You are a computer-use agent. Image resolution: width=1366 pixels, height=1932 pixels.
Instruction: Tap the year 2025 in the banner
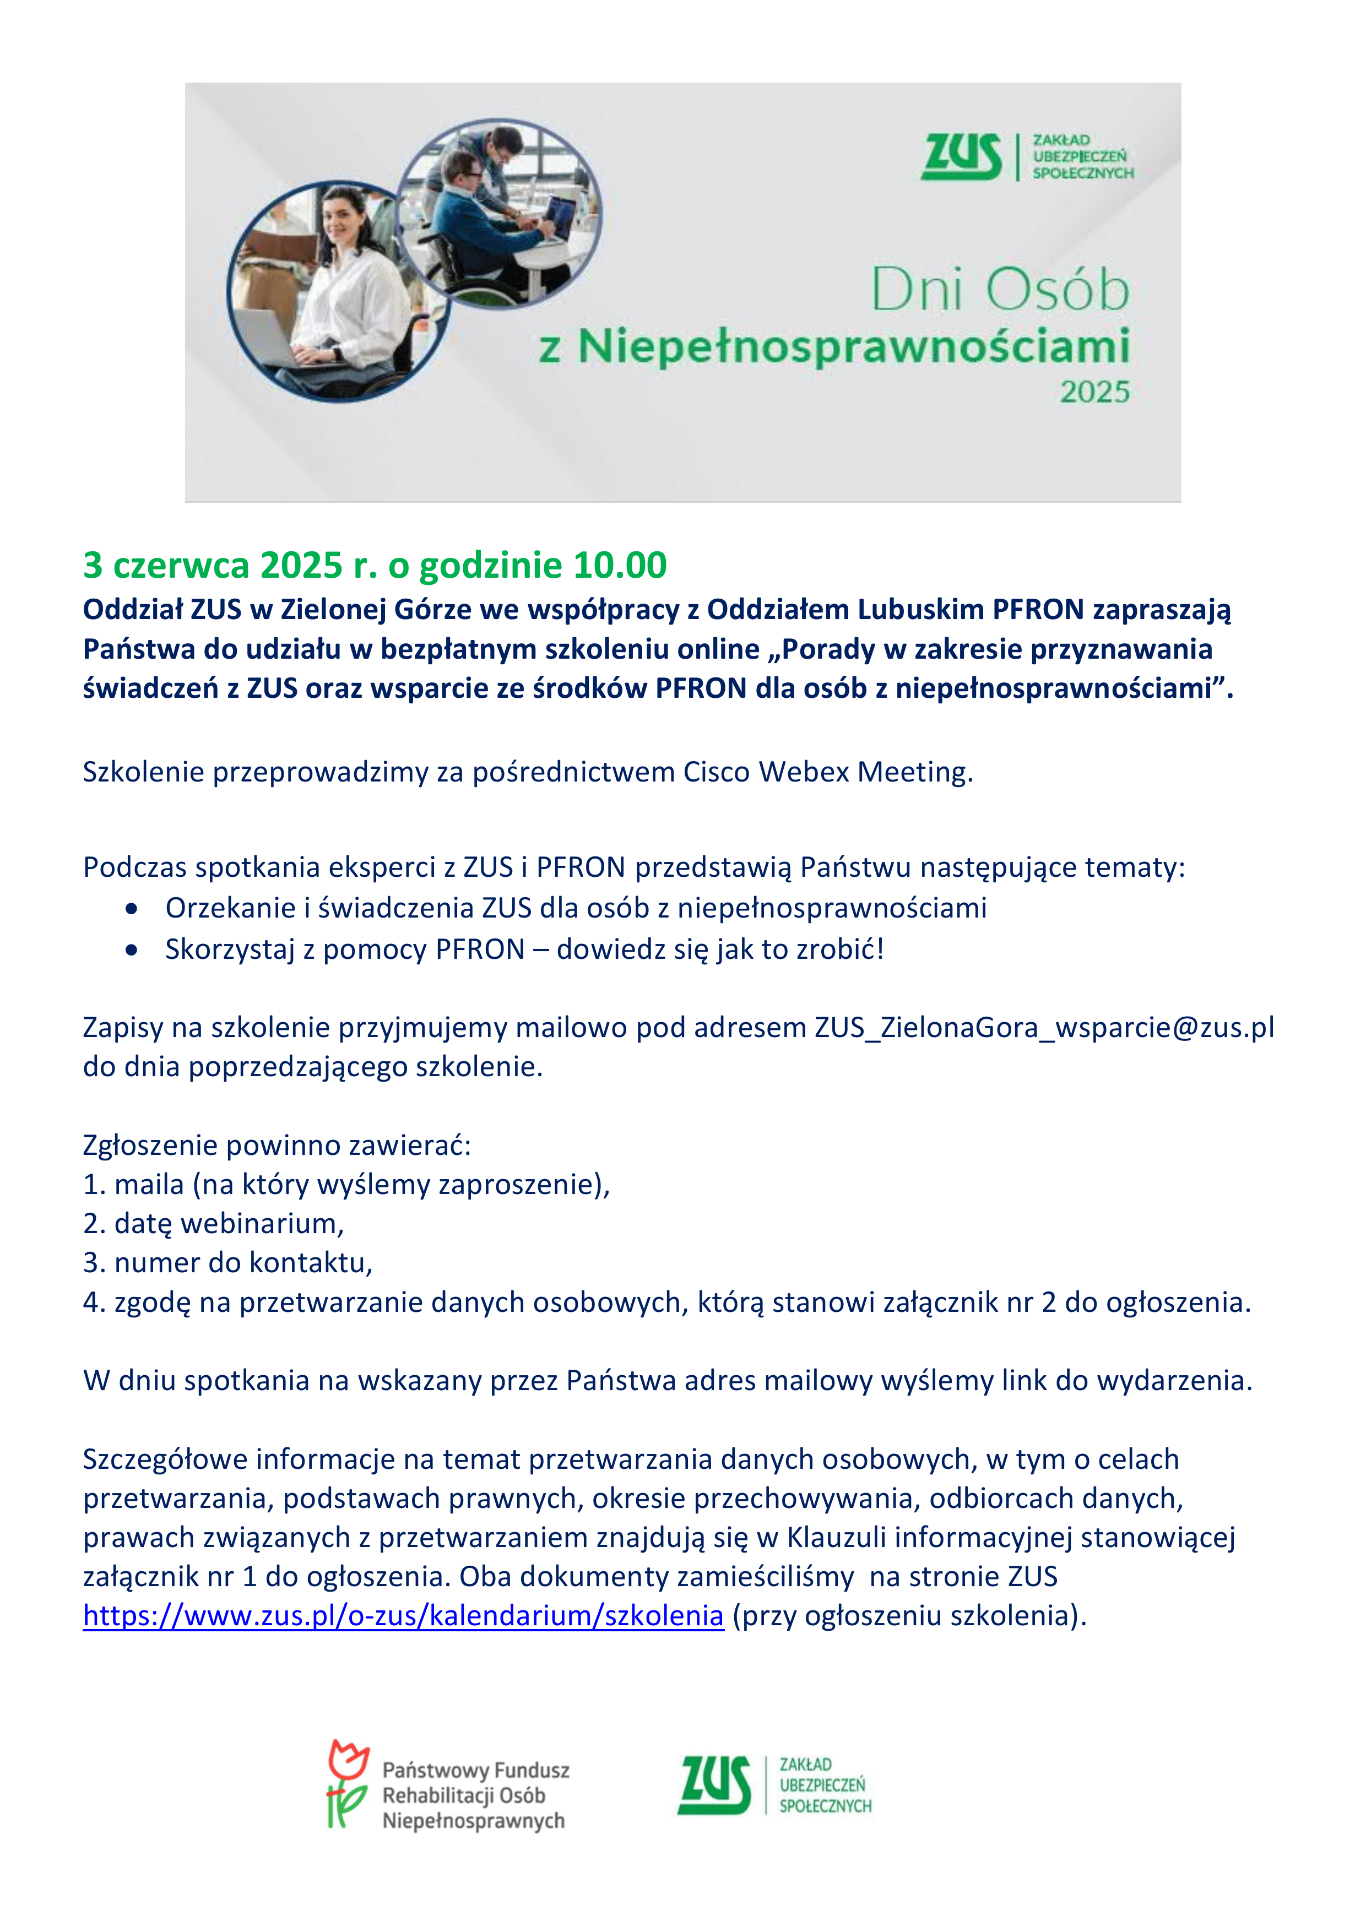(x=1094, y=392)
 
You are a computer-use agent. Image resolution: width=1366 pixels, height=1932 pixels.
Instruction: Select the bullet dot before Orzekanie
(x=131, y=909)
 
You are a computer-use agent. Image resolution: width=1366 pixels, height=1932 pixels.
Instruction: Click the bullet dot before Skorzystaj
(x=131, y=950)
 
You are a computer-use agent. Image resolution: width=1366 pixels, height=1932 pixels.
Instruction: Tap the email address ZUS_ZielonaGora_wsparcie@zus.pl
(x=1044, y=1028)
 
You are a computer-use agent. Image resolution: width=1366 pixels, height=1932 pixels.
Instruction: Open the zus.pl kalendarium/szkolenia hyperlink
(x=403, y=1616)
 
